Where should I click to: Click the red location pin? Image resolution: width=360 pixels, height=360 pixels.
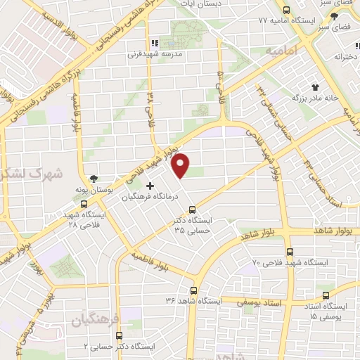tap(181, 165)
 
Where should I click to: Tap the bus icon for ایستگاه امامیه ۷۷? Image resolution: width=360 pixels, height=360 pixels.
tap(285, 10)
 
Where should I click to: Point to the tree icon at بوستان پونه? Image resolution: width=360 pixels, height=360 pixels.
tap(94, 178)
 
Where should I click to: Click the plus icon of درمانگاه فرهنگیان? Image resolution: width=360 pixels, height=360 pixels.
tap(149, 186)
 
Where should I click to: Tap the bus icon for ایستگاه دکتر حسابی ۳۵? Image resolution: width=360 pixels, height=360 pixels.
tap(193, 209)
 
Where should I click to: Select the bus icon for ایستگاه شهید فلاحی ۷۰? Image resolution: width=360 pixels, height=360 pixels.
tap(289, 251)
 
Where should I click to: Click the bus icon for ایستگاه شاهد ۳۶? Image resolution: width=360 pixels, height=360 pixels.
tap(193, 289)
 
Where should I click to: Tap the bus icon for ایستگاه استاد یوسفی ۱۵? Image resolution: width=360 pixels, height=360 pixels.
tap(324, 295)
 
